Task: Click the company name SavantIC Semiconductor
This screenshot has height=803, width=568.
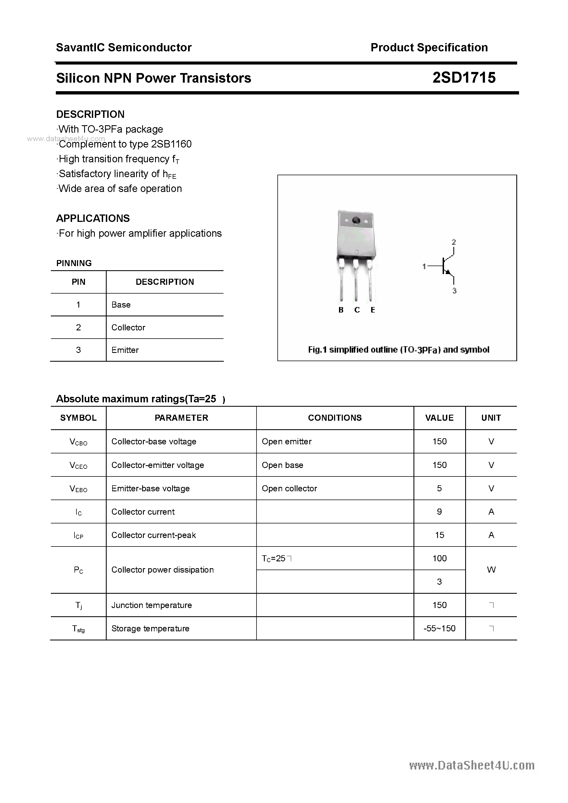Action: point(124,48)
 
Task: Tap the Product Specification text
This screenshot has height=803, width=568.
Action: point(429,48)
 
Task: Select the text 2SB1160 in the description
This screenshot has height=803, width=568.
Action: point(171,144)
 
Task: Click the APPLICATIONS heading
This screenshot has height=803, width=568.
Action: point(93,219)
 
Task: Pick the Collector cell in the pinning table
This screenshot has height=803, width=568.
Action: point(128,327)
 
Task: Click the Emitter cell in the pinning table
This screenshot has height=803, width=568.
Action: point(125,350)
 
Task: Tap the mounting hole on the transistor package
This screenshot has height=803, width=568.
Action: point(356,221)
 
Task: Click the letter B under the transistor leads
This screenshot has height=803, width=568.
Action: point(341,310)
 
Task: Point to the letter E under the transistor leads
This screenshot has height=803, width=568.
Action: point(373,310)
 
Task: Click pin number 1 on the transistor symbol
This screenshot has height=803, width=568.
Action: point(424,266)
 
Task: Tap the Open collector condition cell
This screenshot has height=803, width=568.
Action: point(289,489)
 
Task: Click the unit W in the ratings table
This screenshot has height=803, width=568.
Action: point(491,570)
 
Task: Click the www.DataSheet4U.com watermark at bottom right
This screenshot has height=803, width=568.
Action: point(472,766)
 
